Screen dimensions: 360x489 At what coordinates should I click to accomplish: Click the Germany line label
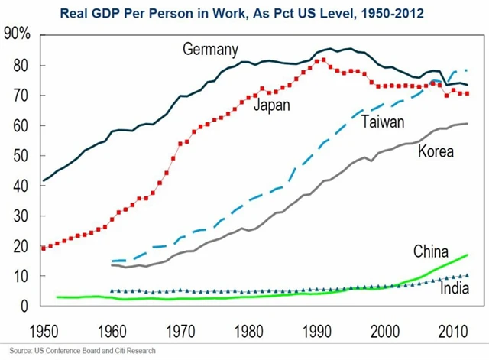(212, 50)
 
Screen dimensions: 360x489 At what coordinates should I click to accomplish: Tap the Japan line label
(272, 105)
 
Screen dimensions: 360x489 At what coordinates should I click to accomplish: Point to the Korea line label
(436, 151)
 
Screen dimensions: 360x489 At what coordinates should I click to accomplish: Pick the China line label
(432, 251)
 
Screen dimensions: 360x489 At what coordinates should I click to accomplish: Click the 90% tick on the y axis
(17, 35)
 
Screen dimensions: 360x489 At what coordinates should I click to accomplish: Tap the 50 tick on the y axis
(19, 155)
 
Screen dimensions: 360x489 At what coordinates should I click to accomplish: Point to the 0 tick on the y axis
(24, 306)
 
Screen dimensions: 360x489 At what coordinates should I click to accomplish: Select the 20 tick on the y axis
(19, 245)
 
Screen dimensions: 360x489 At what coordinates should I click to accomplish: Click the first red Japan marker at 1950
(44, 248)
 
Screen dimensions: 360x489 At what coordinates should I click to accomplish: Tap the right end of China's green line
(467, 255)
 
